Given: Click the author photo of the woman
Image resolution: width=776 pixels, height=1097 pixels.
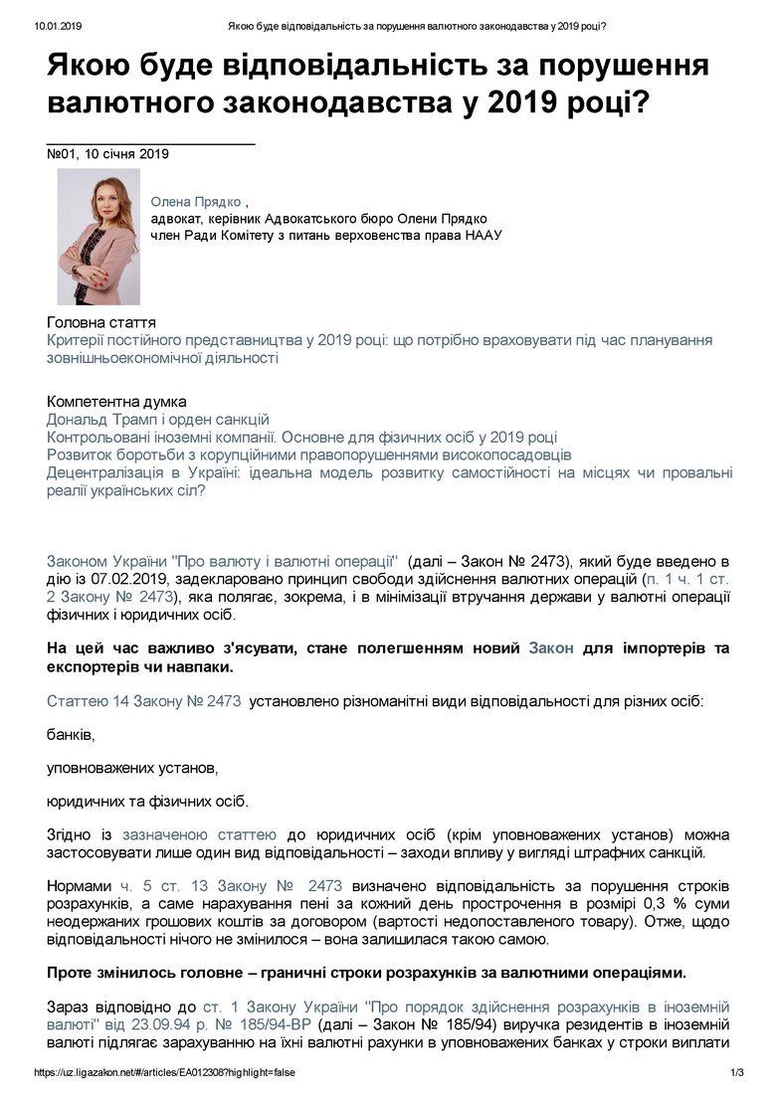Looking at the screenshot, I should pyautogui.click(x=97, y=236).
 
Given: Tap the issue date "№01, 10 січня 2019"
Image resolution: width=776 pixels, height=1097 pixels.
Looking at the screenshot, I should pyautogui.click(x=108, y=154).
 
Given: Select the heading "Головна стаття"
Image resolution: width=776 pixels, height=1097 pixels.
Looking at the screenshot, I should pyautogui.click(x=101, y=323).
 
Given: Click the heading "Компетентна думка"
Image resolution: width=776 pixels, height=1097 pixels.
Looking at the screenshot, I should pyautogui.click(x=116, y=402).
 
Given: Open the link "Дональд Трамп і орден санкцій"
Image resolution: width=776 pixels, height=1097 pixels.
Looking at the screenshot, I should pyautogui.click(x=158, y=420).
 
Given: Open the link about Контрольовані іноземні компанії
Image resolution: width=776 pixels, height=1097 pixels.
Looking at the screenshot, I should pyautogui.click(x=301, y=438).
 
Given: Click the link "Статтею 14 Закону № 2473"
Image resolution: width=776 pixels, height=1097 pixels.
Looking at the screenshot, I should pyautogui.click(x=144, y=701).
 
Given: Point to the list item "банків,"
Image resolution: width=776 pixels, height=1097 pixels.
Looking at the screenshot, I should pyautogui.click(x=71, y=735).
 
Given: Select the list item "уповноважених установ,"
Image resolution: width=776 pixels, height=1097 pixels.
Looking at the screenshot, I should pyautogui.click(x=131, y=768).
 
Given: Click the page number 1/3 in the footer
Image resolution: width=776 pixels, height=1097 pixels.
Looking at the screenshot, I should pyautogui.click(x=737, y=1073).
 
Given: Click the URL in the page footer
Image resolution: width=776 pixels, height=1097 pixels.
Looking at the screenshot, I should pyautogui.click(x=163, y=1073).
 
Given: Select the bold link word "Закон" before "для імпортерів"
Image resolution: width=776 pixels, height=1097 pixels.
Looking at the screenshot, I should pyautogui.click(x=550, y=648).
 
